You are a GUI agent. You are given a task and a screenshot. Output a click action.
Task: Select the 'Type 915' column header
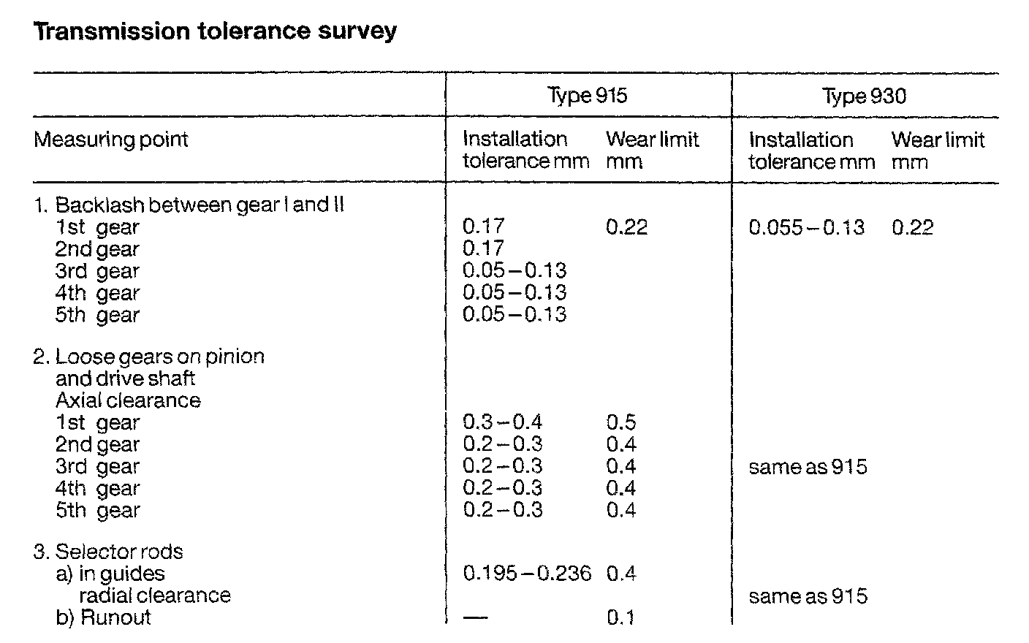587,96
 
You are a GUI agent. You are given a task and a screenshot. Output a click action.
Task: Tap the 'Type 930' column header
865,96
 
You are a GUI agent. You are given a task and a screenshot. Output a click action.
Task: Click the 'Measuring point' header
111,140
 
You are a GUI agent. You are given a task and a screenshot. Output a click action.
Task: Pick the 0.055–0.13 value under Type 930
806,227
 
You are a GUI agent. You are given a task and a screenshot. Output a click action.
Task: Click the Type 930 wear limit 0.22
912,227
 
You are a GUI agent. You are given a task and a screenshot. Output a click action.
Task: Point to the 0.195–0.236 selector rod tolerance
527,573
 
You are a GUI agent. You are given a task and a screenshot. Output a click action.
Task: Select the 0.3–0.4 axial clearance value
503,422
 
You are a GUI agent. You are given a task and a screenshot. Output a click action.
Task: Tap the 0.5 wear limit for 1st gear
621,422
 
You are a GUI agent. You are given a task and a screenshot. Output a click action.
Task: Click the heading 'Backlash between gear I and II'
199,205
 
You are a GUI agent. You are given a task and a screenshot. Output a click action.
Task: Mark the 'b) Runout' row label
103,617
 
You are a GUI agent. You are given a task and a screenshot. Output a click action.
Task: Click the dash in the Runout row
475,618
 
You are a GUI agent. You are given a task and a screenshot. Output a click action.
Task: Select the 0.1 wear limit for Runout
620,618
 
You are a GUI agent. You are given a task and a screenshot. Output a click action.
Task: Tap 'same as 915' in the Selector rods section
808,596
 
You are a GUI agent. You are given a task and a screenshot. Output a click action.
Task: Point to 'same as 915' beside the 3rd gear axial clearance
808,467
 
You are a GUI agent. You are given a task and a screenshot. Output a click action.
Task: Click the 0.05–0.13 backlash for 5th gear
514,315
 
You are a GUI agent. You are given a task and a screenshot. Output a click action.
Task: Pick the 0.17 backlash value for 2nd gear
483,249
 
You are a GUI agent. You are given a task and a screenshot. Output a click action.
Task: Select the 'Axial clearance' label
128,400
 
